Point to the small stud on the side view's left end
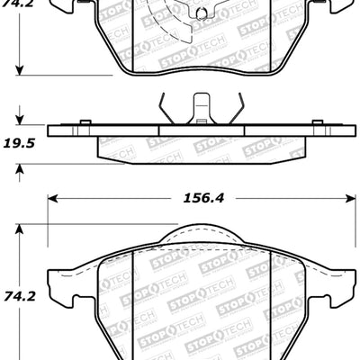[84, 122]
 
